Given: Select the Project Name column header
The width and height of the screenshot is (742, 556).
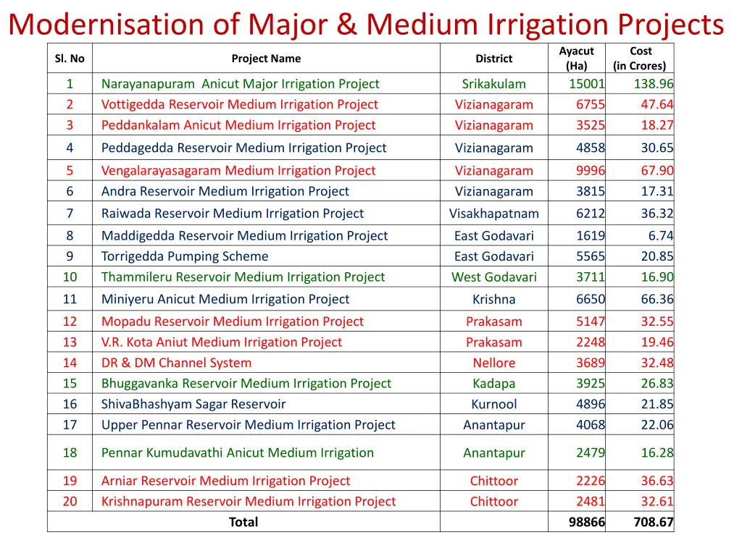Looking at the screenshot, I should point(266,59).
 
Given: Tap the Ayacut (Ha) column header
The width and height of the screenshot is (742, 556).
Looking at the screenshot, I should point(576,58).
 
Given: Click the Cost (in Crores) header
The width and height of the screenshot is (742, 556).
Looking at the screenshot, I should point(640,58).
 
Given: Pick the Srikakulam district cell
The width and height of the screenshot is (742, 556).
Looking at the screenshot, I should point(493,84).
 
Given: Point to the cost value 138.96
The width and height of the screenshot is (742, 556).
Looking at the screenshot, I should point(653,84).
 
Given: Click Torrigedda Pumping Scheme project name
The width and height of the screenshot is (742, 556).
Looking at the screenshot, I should point(185,256).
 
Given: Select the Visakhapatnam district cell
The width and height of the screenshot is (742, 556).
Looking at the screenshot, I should point(493,214).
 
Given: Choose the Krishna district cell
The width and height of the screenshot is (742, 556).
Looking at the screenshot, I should point(493,300).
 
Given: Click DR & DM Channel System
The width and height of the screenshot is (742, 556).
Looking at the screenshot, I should point(176,363).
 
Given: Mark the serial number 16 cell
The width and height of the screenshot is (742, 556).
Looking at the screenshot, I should point(70,405).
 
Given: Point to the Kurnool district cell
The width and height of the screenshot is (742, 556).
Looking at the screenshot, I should point(493,405).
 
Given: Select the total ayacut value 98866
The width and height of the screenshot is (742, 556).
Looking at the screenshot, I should point(586,522).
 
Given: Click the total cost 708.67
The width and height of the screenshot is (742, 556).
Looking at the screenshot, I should point(653,522).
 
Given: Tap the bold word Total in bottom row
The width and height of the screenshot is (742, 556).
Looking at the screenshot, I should point(243,522).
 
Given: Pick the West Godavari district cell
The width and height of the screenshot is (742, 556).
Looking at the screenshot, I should point(493,277).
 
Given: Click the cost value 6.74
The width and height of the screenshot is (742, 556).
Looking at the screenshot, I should point(660,236).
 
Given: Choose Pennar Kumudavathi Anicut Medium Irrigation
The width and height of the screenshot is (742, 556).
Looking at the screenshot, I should point(238,453).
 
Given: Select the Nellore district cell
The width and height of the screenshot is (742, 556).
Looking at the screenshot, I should point(493,363).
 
